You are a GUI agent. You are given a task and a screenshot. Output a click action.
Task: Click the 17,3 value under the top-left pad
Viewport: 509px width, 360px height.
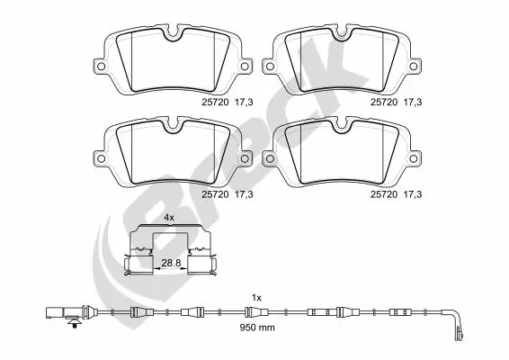[244, 103]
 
